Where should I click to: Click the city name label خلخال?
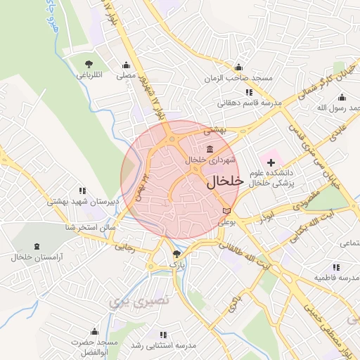coord(225,181)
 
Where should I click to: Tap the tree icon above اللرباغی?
coord(88,64)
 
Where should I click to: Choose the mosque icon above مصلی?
coord(126,64)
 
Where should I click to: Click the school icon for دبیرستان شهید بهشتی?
coord(82,191)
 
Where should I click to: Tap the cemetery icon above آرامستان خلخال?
coord(37,247)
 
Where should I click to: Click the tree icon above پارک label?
coord(176,254)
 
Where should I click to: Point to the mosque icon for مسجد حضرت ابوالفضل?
coord(94,332)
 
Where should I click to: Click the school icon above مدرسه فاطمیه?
coord(336,267)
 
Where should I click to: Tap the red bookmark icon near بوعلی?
coord(225,210)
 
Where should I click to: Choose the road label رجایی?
coord(124,246)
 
